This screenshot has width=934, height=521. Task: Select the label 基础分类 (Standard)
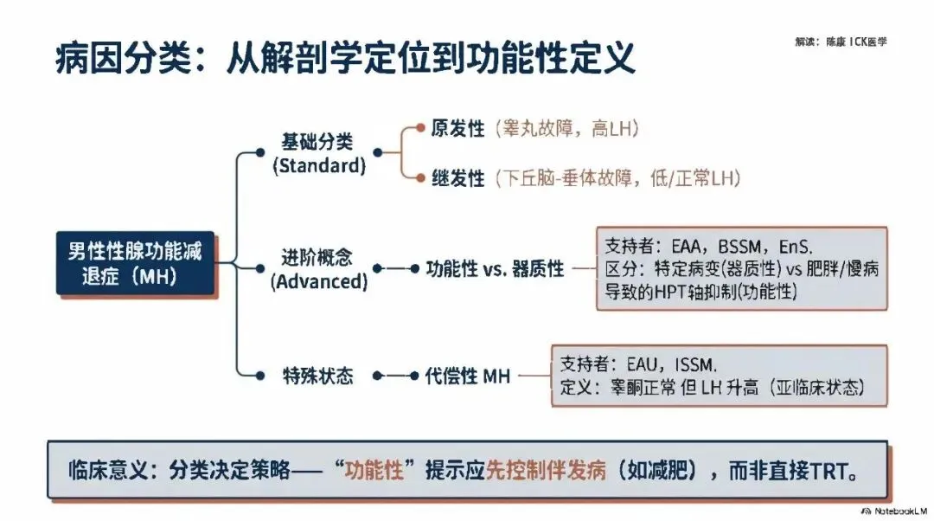[x=317, y=152]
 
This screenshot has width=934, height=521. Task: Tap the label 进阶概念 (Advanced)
[x=318, y=269]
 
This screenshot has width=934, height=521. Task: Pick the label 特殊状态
[x=318, y=376]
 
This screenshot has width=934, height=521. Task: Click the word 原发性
[x=457, y=129]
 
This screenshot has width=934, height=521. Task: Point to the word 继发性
[x=457, y=178]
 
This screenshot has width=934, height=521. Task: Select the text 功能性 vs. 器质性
[x=495, y=269]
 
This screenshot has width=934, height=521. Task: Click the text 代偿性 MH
[x=468, y=376]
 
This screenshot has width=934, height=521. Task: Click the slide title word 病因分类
[x=105, y=58]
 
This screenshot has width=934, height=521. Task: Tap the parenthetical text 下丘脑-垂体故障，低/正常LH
[x=618, y=178]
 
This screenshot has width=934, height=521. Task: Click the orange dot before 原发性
[x=420, y=128]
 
